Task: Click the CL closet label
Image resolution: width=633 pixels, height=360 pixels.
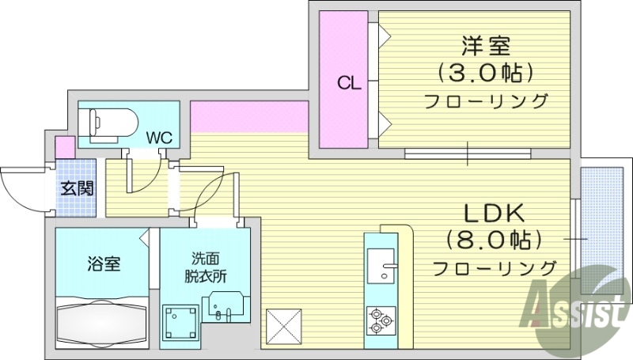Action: click(x=349, y=82)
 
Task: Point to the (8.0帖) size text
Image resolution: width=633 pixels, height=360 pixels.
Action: click(x=493, y=240)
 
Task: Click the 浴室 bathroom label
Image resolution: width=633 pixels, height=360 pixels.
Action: click(x=104, y=263)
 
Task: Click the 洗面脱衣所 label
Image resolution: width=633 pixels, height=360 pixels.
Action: click(x=206, y=267)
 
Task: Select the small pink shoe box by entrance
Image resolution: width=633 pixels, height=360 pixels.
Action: click(x=65, y=147)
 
